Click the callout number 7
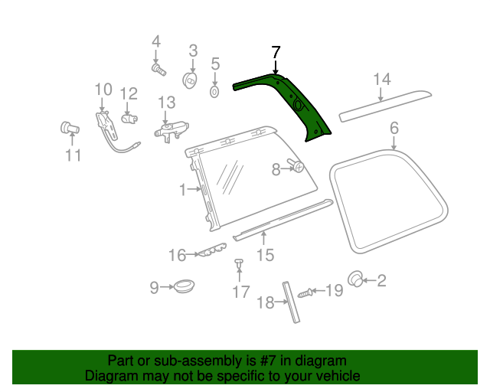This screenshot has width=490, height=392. click(x=276, y=52)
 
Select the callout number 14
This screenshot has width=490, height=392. click(x=382, y=80)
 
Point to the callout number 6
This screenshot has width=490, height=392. click(x=394, y=127)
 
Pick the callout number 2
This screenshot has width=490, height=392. click(x=381, y=281)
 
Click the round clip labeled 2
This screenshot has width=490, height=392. click(x=355, y=279)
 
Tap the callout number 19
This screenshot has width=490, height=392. click(x=335, y=290)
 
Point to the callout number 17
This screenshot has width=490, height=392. click(x=241, y=291)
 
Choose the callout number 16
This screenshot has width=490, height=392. click(x=178, y=255)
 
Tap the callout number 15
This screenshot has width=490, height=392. click(x=265, y=255)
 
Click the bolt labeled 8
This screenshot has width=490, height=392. click(x=296, y=166)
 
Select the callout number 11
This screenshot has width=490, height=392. click(x=73, y=156)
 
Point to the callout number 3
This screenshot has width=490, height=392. click(x=193, y=51)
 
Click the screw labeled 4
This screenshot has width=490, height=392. click(x=159, y=70)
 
